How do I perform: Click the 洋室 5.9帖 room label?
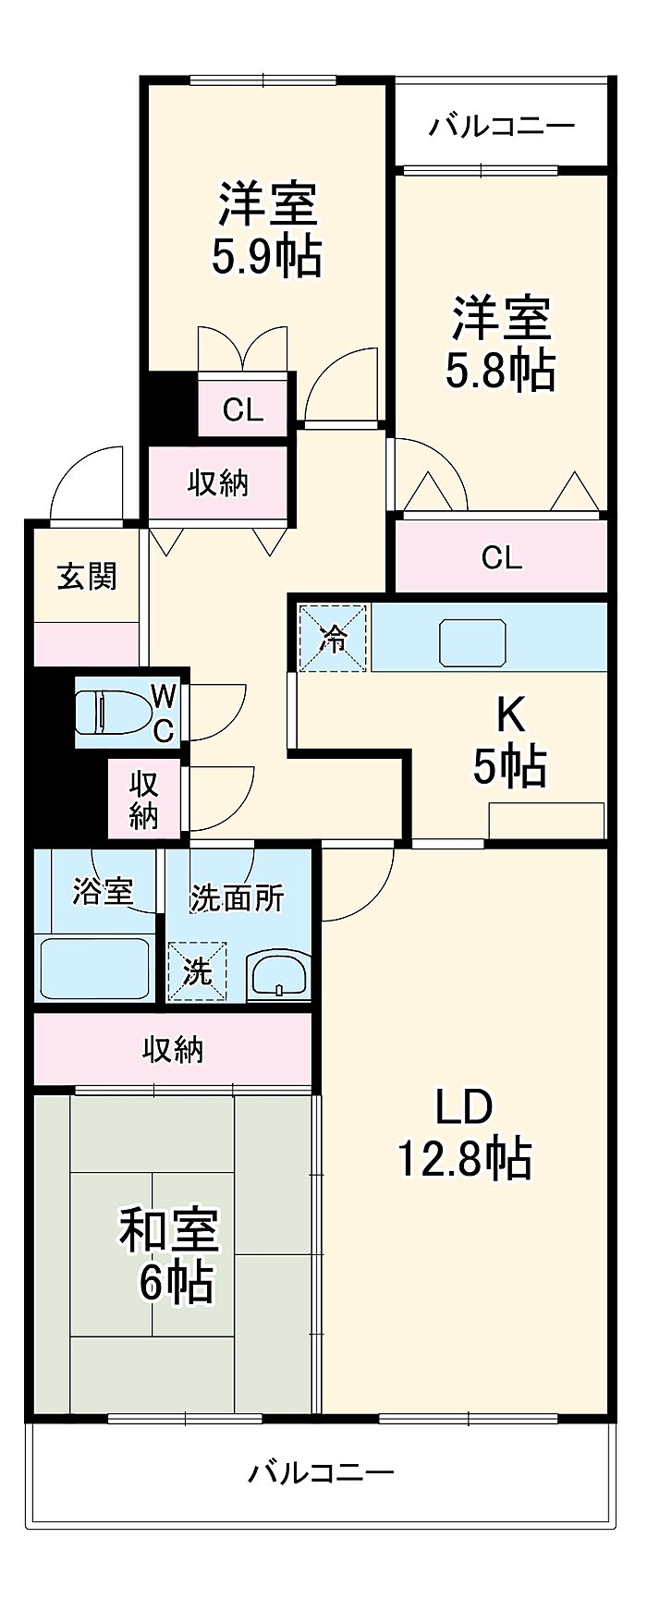[x=266, y=230]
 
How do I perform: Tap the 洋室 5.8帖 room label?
[x=501, y=343]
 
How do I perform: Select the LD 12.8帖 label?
[x=464, y=1132]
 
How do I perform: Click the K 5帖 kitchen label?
[x=509, y=740]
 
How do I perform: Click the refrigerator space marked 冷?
[x=334, y=637]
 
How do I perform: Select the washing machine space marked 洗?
[x=197, y=970]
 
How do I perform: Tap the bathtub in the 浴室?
[x=94, y=967]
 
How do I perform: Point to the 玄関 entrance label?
[x=87, y=576]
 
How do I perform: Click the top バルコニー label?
[x=501, y=125]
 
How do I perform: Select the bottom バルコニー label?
[x=322, y=1471]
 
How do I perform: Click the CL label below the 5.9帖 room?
[x=243, y=409]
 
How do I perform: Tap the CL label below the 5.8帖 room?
[x=502, y=557]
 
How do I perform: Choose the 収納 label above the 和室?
[x=173, y=1049]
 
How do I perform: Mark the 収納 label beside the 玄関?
[x=218, y=482]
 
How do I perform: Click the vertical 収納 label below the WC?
[x=144, y=799]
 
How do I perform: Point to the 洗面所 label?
[x=237, y=897]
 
